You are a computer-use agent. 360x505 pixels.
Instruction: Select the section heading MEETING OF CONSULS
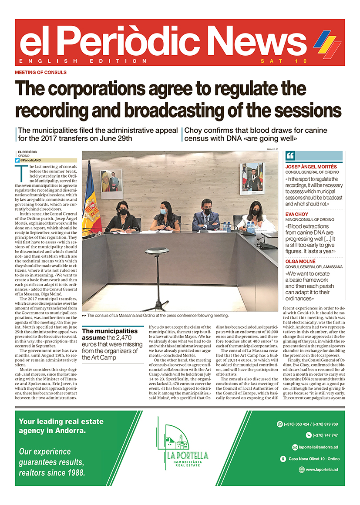tap(40, 72)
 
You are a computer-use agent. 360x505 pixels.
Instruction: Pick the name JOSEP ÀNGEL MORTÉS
tap(311, 167)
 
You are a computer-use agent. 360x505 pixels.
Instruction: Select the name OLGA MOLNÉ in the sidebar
tap(300, 260)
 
